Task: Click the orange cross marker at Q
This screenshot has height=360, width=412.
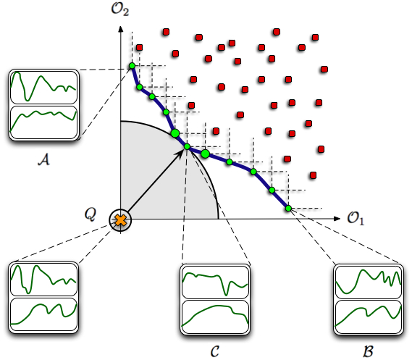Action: (121, 220)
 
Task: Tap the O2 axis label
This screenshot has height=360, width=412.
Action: (120, 9)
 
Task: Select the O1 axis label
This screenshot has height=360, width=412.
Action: (356, 219)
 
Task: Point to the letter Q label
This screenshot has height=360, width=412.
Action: (90, 214)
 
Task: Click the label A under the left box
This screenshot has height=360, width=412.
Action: (44, 159)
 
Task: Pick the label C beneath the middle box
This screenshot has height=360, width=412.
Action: (215, 351)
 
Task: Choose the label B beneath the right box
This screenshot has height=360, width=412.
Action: (368, 351)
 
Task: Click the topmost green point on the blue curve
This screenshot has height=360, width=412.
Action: (133, 66)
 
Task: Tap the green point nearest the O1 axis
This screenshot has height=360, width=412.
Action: (288, 209)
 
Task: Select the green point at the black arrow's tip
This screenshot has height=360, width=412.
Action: (187, 146)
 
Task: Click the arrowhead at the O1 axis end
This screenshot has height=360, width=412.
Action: (337, 219)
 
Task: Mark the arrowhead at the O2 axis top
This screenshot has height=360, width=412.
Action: (121, 29)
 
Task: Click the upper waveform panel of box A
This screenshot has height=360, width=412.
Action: (43, 88)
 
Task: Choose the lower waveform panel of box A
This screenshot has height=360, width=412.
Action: (43, 122)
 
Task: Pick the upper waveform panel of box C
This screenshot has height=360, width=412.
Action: (215, 282)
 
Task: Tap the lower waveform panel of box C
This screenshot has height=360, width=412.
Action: (215, 317)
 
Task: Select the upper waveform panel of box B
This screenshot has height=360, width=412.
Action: (369, 282)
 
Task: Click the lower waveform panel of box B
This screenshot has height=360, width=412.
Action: (369, 317)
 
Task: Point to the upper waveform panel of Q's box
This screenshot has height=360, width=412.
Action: (43, 280)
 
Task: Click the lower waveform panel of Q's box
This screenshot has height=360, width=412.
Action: (43, 314)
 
